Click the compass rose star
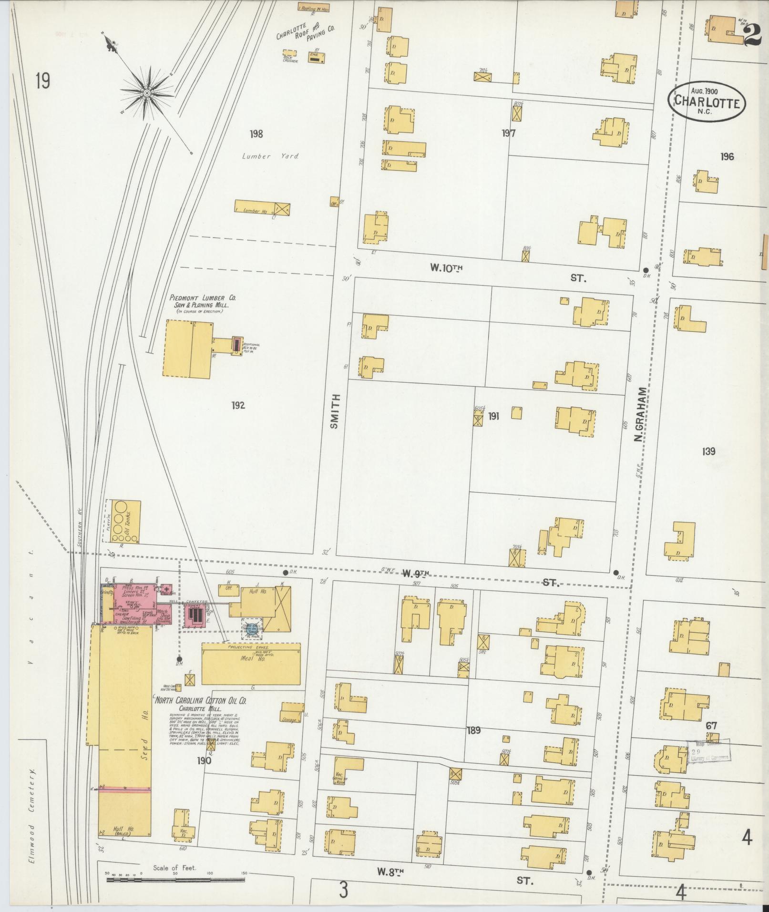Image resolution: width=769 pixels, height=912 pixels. click(147, 92)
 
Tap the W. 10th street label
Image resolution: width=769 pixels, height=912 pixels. click(446, 268)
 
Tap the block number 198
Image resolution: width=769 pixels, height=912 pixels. click(256, 134)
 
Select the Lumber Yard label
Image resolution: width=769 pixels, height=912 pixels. click(270, 156)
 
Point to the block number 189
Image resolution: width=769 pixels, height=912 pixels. click(473, 730)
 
